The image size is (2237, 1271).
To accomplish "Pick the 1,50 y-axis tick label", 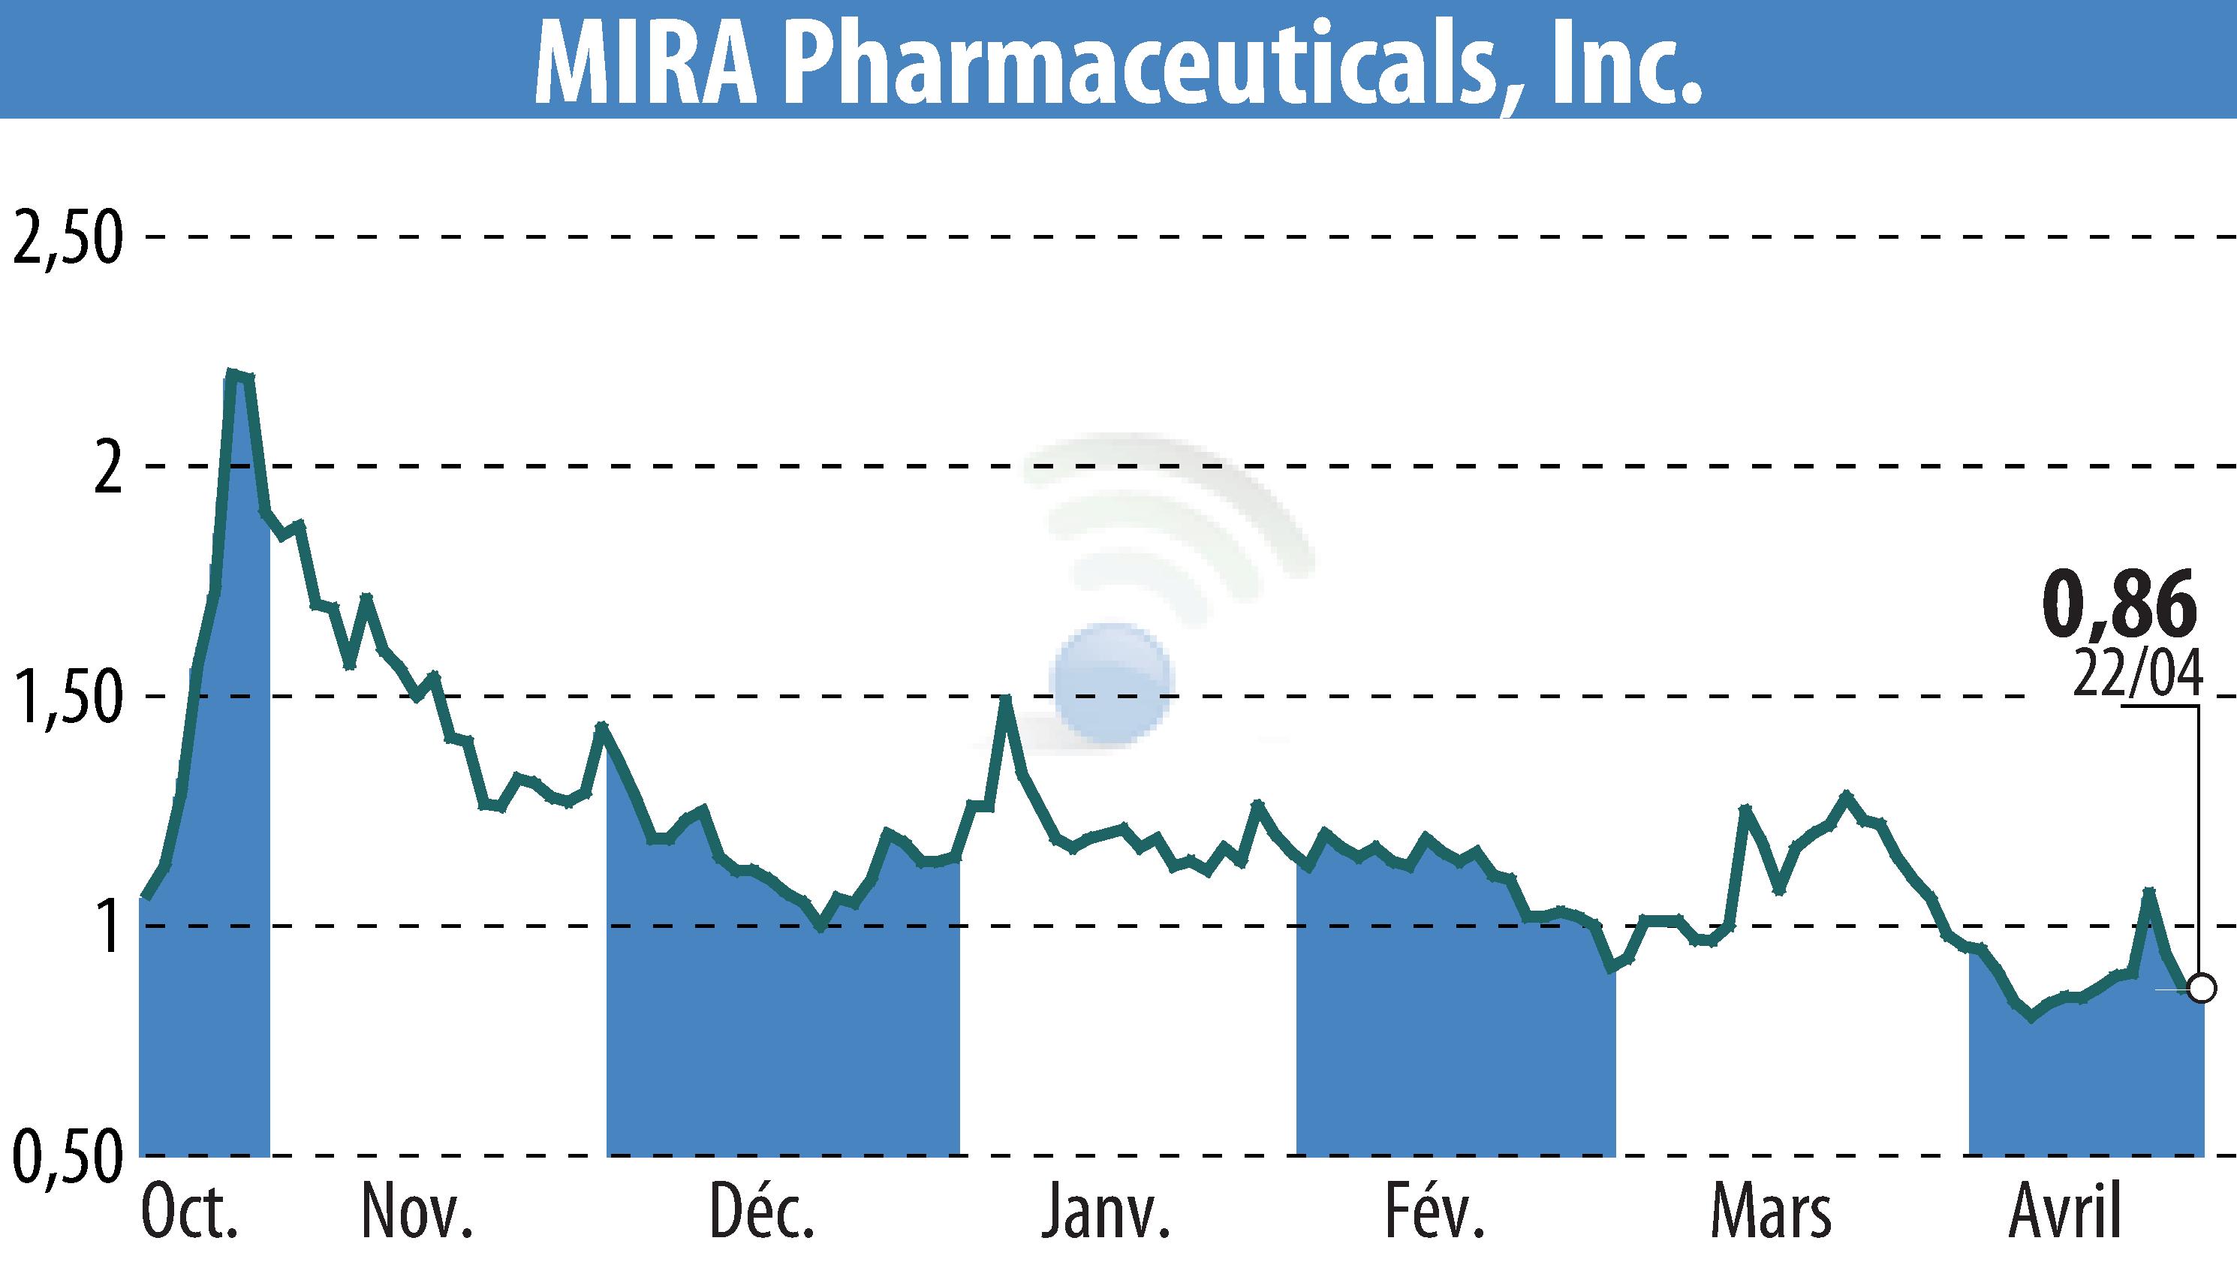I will pyautogui.click(x=66, y=698).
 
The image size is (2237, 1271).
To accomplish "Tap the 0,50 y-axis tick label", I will pyautogui.click(x=66, y=1158).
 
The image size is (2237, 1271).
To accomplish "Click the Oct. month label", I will pyautogui.click(x=189, y=1214).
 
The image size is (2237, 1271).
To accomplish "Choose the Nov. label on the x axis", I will pyautogui.click(x=417, y=1214).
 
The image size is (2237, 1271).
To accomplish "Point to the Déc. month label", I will pyautogui.click(x=762, y=1214).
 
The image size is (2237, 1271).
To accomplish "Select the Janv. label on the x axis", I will pyautogui.click(x=1105, y=1214).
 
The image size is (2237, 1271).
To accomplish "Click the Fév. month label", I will pyautogui.click(x=1435, y=1214).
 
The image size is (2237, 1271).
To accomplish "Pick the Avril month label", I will pyautogui.click(x=2064, y=1214).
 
